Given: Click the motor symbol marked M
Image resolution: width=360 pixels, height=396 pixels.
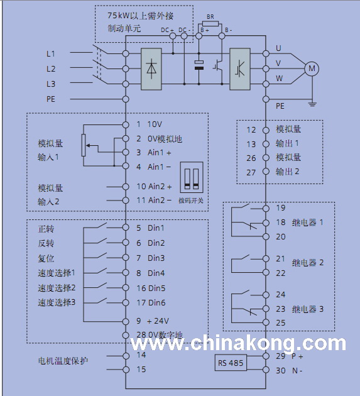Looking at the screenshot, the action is [312, 69].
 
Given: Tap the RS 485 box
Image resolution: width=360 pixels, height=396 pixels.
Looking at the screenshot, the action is [231, 363].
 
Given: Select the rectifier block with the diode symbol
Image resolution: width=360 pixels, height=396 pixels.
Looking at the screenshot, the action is [151, 69].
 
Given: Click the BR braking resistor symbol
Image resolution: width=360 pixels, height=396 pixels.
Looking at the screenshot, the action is [210, 24].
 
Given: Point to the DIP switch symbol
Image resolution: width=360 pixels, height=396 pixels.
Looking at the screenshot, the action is [192, 177].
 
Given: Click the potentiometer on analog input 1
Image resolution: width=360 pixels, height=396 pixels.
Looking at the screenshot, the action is [84, 145].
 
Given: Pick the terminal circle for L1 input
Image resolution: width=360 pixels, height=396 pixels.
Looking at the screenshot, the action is [126, 53].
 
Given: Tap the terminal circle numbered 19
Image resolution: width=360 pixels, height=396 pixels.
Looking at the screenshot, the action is [266, 209].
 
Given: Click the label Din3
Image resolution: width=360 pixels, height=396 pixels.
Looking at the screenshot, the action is [156, 258].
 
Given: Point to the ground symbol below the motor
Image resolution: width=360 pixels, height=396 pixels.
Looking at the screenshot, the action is [312, 104].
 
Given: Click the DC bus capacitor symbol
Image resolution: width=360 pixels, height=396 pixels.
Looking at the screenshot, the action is [199, 65].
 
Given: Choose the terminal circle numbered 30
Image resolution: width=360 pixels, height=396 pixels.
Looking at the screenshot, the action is [266, 370].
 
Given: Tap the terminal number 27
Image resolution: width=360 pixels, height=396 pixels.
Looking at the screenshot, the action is [251, 172].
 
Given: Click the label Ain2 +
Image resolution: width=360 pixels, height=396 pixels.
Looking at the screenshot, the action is [160, 187].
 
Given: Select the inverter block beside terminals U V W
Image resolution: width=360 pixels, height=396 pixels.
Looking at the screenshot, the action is [240, 69].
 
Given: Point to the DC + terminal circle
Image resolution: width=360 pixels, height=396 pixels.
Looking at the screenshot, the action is [173, 36].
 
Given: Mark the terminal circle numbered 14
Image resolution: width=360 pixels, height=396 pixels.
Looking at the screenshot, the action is [126, 356].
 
